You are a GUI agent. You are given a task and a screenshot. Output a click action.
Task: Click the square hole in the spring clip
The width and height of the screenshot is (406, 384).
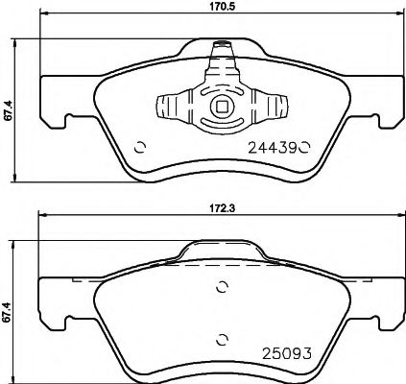pos(222,108)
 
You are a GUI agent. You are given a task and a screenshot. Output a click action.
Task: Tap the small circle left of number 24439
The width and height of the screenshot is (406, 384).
pos(140,147)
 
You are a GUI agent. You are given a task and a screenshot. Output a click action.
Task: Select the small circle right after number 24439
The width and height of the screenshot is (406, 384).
pos(305,147)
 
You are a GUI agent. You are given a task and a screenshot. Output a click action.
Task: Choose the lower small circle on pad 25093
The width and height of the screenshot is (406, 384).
pos(222,336)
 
